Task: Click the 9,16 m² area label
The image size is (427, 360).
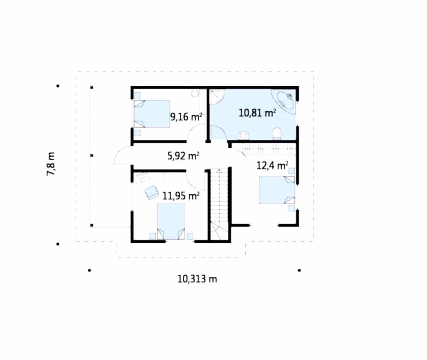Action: coord(186,117)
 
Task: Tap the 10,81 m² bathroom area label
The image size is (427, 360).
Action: coord(257,113)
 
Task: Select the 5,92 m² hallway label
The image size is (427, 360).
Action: coord(183,156)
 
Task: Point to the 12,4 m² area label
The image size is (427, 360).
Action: coord(272,166)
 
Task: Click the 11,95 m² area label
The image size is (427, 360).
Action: coord(181,195)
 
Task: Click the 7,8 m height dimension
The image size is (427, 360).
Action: coord(51,163)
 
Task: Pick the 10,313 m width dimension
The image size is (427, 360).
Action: coord(197,279)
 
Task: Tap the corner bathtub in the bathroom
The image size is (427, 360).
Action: coord(284,101)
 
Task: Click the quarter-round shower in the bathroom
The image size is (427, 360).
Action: coord(217,97)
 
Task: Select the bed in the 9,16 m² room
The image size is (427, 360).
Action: coord(152,114)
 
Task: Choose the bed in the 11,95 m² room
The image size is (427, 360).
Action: coord(171,222)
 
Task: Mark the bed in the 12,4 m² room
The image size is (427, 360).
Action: coord(277,190)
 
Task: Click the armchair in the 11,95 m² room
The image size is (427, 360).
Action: coord(151,192)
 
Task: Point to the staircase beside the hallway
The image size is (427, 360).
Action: coord(219,204)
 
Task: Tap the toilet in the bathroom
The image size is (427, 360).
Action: coord(277,133)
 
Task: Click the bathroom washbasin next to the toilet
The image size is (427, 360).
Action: coord(244,135)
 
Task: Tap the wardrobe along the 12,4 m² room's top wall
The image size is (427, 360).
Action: coord(264,149)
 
